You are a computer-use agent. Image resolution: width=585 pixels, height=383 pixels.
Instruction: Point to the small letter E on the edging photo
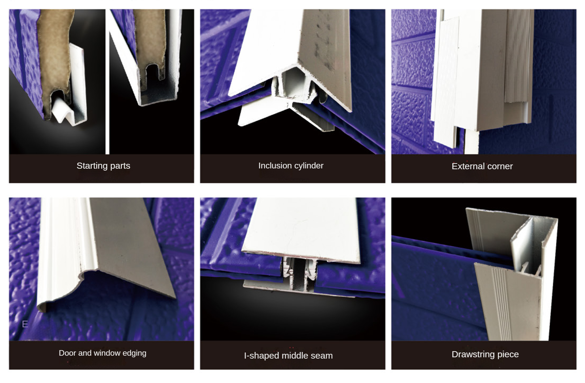[x=25, y=324]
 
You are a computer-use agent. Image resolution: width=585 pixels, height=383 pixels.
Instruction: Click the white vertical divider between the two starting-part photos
[x=107, y=82]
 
